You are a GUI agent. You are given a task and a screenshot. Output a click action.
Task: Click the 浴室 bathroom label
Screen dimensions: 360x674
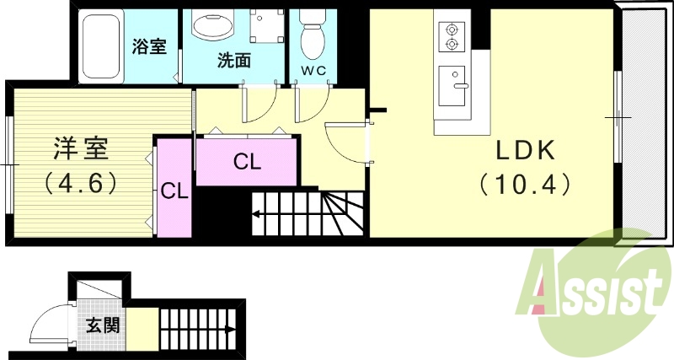[149, 47]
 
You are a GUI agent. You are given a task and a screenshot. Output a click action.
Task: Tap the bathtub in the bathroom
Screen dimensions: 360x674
[102, 46]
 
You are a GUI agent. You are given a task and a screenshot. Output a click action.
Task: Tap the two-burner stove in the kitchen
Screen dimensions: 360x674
[452, 35]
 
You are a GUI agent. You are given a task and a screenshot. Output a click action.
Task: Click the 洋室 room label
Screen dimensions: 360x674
[81, 150]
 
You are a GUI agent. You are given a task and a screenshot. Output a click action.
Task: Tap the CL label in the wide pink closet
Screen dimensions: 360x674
[247, 161]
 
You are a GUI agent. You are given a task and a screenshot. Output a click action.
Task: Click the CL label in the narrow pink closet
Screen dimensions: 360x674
[174, 191]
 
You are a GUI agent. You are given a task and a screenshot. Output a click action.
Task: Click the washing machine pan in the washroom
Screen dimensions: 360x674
[267, 28]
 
